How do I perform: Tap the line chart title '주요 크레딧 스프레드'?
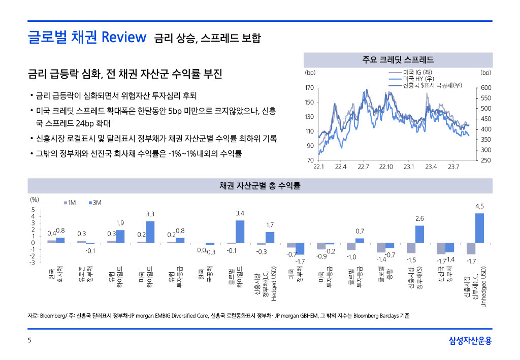(398, 60)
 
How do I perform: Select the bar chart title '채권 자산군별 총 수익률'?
(259, 186)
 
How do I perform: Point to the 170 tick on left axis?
(309, 88)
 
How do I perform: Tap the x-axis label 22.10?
(386, 167)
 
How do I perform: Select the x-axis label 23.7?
(453, 167)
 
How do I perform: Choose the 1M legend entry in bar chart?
(70, 203)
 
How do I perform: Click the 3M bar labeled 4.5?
(479, 227)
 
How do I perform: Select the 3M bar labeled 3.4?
(240, 232)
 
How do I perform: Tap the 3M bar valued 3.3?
(150, 232)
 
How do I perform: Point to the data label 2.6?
(419, 218)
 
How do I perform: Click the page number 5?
(29, 341)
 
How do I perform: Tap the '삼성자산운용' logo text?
(470, 341)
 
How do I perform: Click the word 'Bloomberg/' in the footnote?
(54, 316)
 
